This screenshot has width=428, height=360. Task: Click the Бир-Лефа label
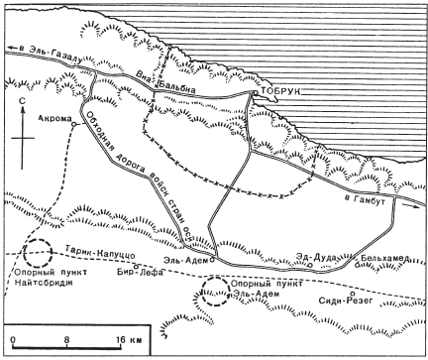[136, 272]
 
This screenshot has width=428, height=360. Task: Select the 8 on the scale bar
[67, 339]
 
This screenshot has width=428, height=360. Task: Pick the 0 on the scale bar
[12, 339]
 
